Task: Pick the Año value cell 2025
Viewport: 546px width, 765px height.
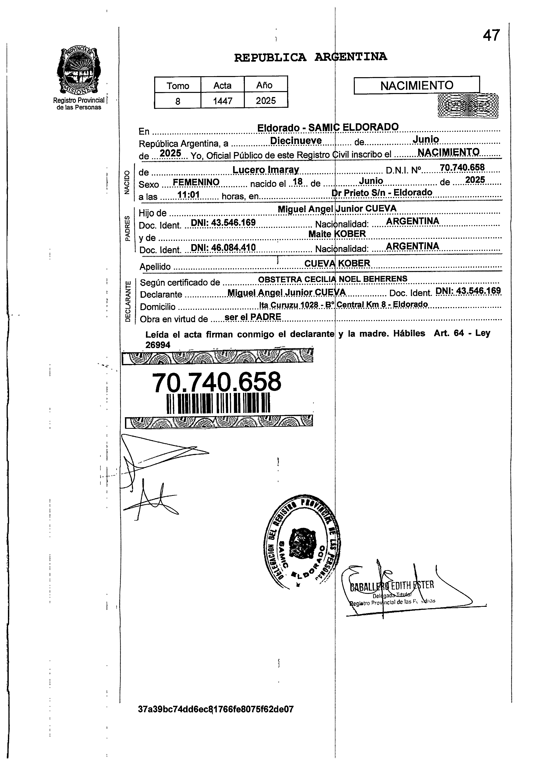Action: [266, 101]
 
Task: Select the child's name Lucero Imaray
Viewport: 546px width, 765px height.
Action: [266, 170]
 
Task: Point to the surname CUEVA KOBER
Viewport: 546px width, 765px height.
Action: [337, 263]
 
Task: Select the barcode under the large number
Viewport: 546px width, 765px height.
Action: [219, 403]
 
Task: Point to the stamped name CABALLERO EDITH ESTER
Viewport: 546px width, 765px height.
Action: [392, 585]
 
